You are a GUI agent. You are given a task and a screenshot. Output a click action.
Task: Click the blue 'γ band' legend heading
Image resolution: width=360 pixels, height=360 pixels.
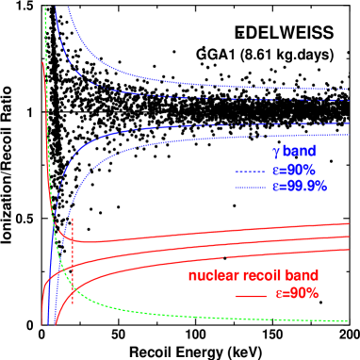tap(294, 151)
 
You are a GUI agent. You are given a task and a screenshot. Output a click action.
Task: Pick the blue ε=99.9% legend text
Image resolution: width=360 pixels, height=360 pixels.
tap(300, 187)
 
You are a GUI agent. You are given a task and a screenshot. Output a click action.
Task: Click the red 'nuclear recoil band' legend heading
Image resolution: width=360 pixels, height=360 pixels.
tap(254, 276)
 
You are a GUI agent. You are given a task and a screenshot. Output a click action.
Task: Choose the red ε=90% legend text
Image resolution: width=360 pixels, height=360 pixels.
tap(297, 293)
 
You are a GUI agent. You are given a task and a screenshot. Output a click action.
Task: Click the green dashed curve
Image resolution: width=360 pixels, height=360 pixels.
tap(141, 311)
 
